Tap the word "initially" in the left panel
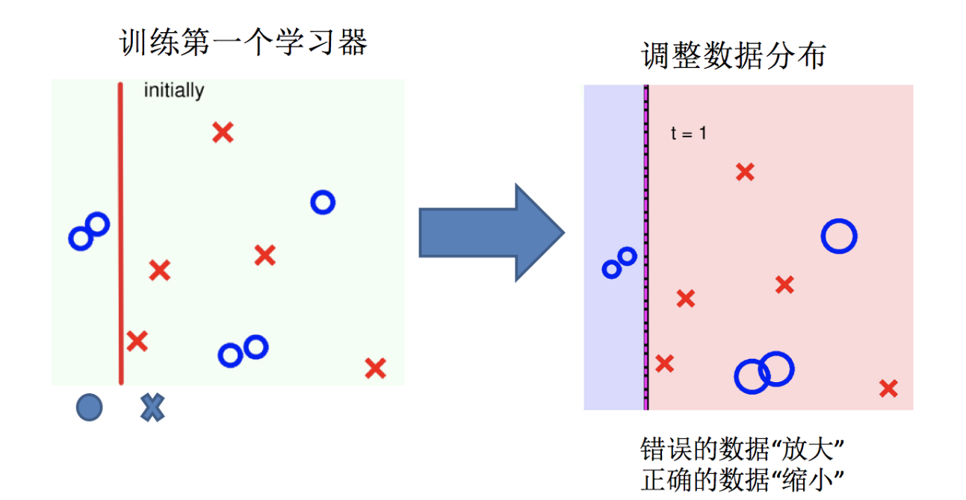tap(173, 91)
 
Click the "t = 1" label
tap(688, 134)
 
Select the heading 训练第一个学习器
tap(244, 43)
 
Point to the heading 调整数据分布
tap(734, 56)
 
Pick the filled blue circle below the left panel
tap(89, 407)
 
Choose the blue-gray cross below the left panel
tap(152, 407)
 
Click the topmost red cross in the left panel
tap(223, 133)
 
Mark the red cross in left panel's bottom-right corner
tap(375, 368)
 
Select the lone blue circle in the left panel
tap(323, 201)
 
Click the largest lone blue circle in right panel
tap(838, 236)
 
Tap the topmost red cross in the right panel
tap(744, 172)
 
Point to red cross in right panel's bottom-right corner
tap(888, 388)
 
